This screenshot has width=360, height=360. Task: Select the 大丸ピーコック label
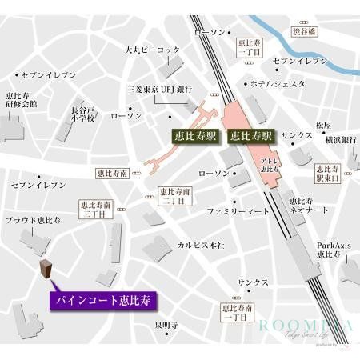coord(152,50)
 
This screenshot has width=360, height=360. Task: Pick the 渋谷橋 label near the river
coord(305,31)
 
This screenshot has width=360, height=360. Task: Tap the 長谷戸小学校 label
coord(82,114)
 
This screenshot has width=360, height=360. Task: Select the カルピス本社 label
coord(199,244)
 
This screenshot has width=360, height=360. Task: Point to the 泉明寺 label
coord(166,325)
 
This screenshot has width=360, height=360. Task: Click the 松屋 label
coord(322,125)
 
